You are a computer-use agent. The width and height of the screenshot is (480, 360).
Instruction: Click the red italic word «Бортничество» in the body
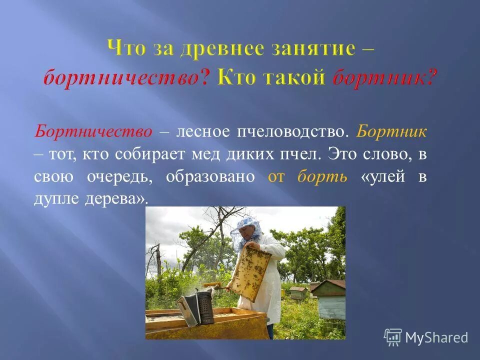pyautogui.click(x=93, y=132)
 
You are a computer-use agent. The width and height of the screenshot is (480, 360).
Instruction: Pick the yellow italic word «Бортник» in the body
pyautogui.click(x=392, y=132)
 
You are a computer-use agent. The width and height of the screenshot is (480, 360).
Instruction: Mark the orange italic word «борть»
pyautogui.click(x=322, y=177)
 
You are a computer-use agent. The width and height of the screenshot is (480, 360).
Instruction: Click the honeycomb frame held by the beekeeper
pyautogui.click(x=249, y=273)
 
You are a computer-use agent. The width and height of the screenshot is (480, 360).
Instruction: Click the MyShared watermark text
pyautogui.click(x=436, y=338)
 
